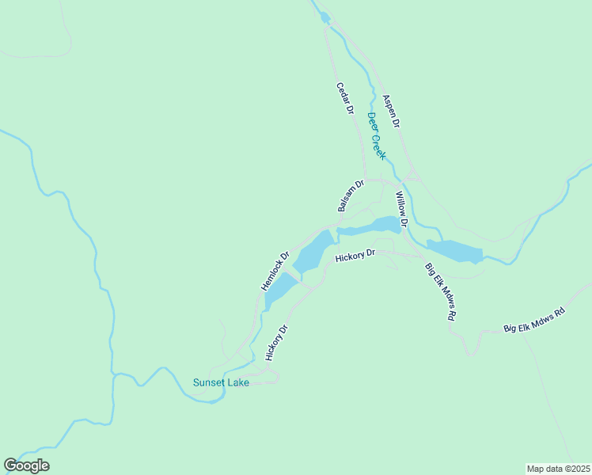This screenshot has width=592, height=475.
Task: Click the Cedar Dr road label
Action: tap(344, 99)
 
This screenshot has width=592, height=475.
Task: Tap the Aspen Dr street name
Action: tap(391, 112)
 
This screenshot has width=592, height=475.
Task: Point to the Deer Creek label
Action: tap(376, 135)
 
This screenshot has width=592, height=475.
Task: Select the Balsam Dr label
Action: tap(350, 196)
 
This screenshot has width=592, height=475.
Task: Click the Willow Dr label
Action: tap(401, 210)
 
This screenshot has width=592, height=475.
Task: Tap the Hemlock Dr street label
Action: tap(275, 271)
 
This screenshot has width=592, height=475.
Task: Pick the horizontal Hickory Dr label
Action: tap(354, 256)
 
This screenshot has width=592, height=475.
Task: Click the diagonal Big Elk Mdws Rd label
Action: tap(441, 291)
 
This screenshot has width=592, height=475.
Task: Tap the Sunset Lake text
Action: tap(221, 383)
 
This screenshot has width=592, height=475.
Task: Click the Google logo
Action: tap(26, 465)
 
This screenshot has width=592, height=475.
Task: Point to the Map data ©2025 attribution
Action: tap(558, 469)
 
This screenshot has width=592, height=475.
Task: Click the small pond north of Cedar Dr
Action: tap(324, 17)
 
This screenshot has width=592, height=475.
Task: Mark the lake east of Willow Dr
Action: tap(455, 251)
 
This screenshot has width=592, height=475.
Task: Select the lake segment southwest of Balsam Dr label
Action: tap(313, 251)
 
